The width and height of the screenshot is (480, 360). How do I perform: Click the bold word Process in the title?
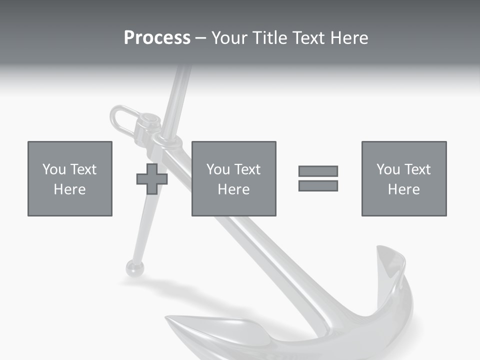(157, 38)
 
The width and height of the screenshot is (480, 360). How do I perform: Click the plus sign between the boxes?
(152, 178)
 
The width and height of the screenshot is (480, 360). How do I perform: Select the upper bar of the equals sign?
(318, 171)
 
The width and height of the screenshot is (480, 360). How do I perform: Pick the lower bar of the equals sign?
(318, 185)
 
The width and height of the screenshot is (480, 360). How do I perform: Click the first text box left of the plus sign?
(70, 178)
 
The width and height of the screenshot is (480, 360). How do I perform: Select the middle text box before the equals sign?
(233, 178)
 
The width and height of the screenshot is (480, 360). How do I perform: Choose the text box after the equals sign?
(404, 178)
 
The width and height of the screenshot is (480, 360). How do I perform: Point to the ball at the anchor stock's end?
(134, 268)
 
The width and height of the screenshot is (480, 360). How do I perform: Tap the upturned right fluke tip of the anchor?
(390, 260)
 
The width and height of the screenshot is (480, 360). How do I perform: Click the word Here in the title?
(350, 38)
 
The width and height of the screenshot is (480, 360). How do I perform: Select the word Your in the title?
(228, 38)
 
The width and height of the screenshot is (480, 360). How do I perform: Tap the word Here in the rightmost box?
(404, 189)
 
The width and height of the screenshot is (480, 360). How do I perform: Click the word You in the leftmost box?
(54, 169)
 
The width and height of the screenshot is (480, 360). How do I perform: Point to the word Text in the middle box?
(247, 169)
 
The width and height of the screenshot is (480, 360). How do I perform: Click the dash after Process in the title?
(200, 38)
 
